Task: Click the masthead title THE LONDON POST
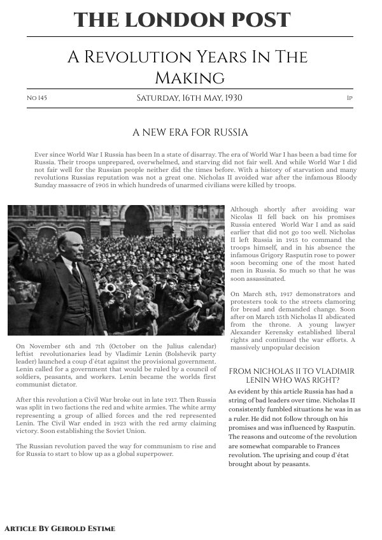point(182,20)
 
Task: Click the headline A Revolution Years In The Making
point(187,67)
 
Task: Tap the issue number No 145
point(37,99)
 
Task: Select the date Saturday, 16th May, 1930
point(189,98)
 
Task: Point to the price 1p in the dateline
point(350,99)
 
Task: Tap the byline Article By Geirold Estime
point(60,529)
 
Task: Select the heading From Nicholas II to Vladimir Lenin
point(291,375)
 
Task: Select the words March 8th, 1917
point(267,294)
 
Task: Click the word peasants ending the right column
point(294,464)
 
